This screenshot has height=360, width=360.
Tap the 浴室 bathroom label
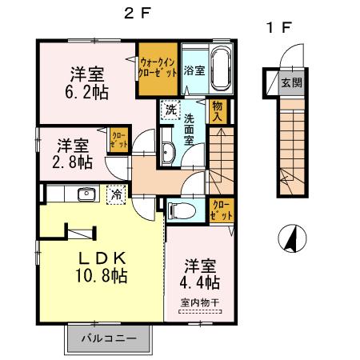point(194,70)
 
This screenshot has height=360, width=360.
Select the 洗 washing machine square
point(170,110)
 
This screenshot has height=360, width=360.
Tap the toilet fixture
point(181,210)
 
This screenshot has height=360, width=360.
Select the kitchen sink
point(85,194)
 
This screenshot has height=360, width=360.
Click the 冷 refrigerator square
point(117,194)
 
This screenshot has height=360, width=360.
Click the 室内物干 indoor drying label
point(200,302)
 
